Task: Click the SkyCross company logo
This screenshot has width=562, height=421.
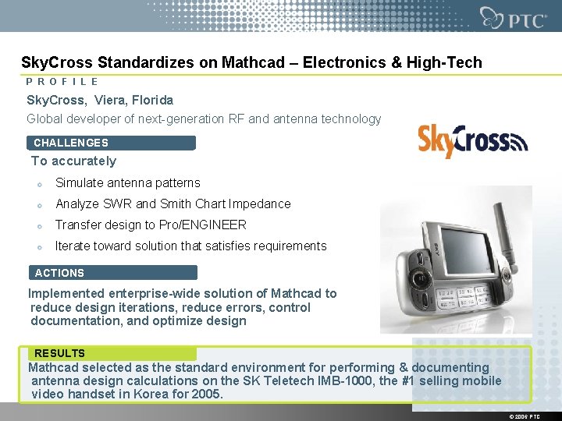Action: pyautogui.click(x=472, y=141)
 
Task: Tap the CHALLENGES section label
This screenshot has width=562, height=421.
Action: pyautogui.click(x=71, y=143)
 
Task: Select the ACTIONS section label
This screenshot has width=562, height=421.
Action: pyautogui.click(x=59, y=273)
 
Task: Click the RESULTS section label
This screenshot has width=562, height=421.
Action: pyautogui.click(x=59, y=353)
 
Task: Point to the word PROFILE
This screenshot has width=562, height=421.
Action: pyautogui.click(x=62, y=81)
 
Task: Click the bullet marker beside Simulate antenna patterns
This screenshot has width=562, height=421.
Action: pyautogui.click(x=38, y=184)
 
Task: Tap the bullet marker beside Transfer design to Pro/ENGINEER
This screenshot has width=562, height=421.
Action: pyautogui.click(x=38, y=226)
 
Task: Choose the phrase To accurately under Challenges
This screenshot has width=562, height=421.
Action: pyautogui.click(x=73, y=161)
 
